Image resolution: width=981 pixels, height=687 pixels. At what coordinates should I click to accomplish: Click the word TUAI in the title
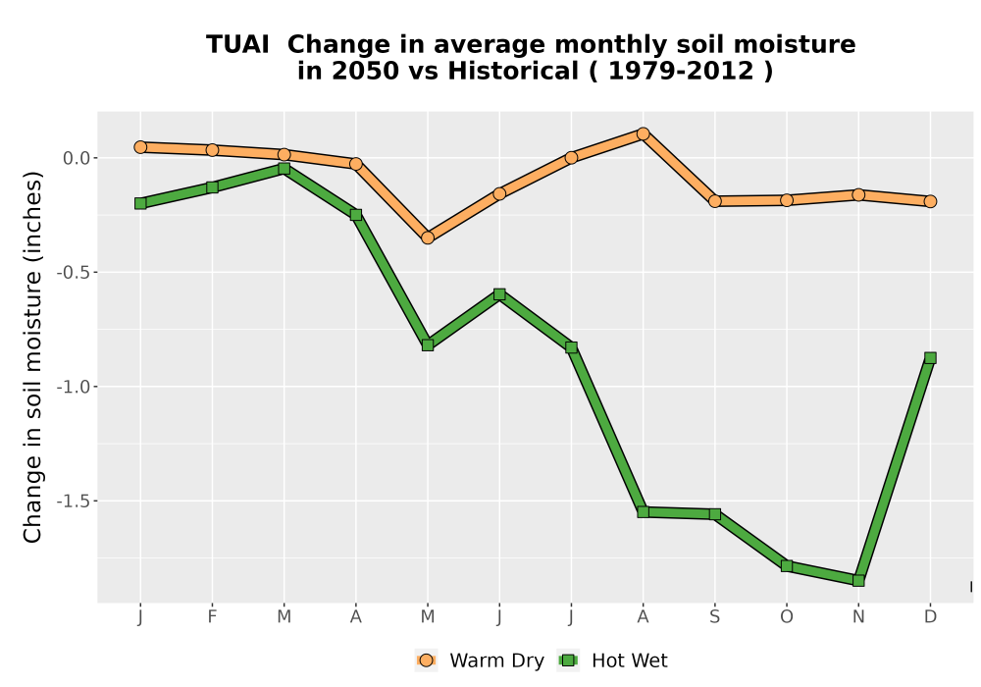(237, 44)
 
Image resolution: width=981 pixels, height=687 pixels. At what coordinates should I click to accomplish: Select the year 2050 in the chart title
(365, 71)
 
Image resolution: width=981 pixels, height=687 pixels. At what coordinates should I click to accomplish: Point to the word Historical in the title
(513, 71)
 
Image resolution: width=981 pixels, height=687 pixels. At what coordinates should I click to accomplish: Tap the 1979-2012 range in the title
(681, 71)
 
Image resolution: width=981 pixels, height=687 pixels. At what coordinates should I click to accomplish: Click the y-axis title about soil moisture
(32, 356)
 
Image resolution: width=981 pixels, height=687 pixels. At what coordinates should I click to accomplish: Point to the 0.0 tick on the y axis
(77, 158)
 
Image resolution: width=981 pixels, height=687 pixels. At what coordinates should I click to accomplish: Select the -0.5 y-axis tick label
(74, 273)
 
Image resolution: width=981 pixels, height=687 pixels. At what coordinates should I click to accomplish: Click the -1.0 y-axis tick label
(74, 388)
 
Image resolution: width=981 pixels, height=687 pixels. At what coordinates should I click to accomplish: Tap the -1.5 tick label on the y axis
(74, 502)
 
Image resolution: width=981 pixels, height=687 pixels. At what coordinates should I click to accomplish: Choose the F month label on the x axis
(212, 617)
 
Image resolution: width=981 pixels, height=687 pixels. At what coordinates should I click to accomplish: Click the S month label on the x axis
(714, 617)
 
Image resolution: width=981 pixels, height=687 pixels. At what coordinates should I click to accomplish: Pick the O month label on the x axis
(787, 617)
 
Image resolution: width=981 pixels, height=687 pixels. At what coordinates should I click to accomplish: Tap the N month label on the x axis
(858, 617)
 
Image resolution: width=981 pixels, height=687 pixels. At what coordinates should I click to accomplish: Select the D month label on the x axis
(930, 617)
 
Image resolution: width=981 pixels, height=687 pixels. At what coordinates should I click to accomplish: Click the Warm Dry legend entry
(480, 661)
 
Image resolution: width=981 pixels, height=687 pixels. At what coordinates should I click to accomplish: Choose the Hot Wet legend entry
(612, 661)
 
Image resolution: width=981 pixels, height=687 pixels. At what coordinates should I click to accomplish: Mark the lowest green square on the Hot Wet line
(858, 581)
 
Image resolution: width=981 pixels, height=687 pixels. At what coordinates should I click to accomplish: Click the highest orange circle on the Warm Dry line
(643, 133)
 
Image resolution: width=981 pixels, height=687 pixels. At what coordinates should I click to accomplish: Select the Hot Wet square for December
(930, 358)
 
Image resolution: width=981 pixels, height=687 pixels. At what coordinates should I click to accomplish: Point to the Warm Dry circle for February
(212, 150)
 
